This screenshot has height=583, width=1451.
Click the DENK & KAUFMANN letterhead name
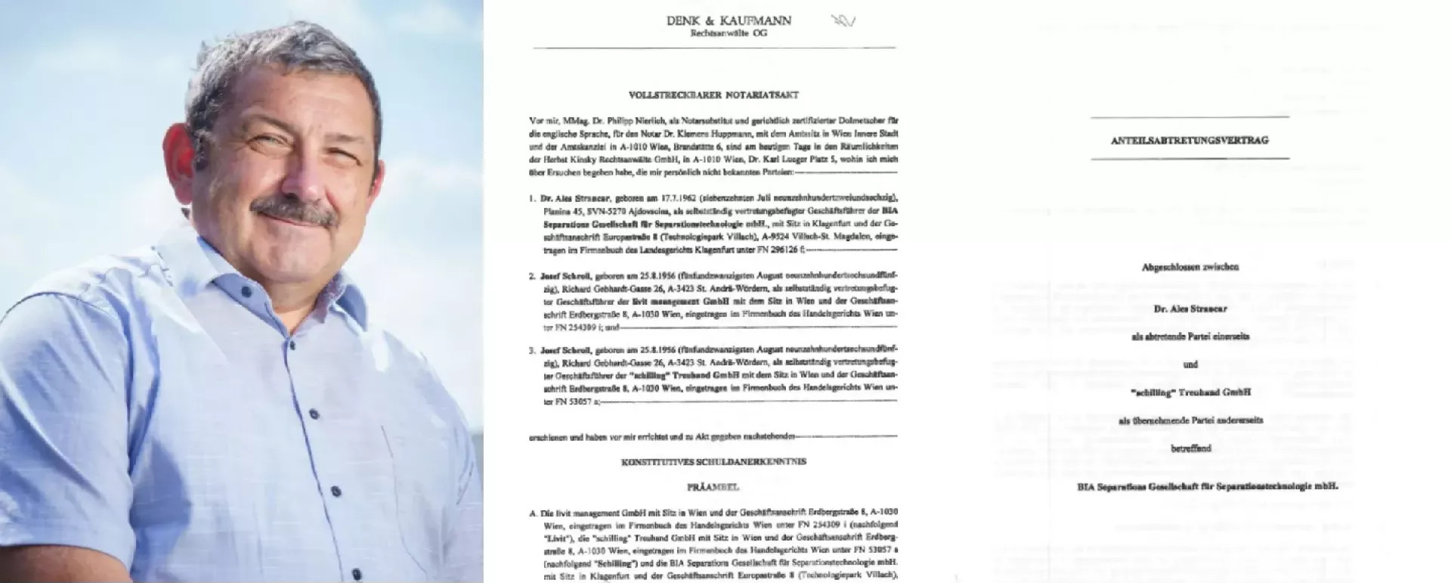point(729,21)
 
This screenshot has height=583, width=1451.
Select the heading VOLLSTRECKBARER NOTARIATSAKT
point(713,95)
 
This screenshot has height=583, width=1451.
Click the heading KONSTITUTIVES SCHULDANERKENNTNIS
point(713,461)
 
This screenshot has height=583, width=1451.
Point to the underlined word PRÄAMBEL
point(713,488)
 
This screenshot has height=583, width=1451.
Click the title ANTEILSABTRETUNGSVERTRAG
point(1189,140)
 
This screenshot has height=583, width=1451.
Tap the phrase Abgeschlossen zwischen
point(1190,267)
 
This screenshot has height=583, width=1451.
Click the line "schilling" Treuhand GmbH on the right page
point(1190,392)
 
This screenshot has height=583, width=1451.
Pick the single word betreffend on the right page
point(1190,448)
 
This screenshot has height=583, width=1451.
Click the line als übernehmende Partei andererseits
point(1190,420)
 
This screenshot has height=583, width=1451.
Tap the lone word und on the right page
point(1190,364)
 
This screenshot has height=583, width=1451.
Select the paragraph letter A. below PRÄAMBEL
point(533,513)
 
